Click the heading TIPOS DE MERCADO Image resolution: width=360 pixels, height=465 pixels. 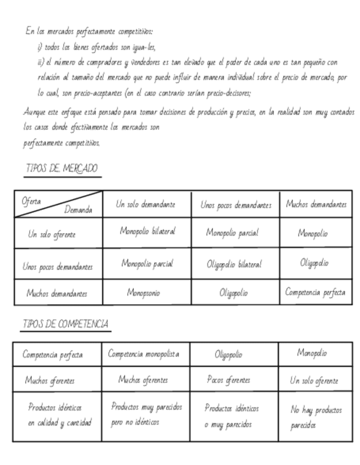click(61, 168)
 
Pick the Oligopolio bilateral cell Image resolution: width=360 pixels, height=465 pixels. click(234, 264)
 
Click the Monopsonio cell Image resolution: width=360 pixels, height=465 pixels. click(144, 293)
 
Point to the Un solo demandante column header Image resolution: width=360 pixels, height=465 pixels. click(146, 205)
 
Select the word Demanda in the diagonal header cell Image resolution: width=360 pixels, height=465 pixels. click(78, 209)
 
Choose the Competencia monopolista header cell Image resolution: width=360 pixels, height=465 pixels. click(144, 354)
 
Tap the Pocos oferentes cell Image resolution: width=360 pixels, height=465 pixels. click(228, 379)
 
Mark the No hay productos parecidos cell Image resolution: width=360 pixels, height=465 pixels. click(316, 417)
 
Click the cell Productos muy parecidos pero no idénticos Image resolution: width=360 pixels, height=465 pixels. click(147, 415)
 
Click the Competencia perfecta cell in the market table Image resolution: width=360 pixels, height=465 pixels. click(315, 292)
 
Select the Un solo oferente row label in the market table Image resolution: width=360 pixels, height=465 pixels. click(52, 234)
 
